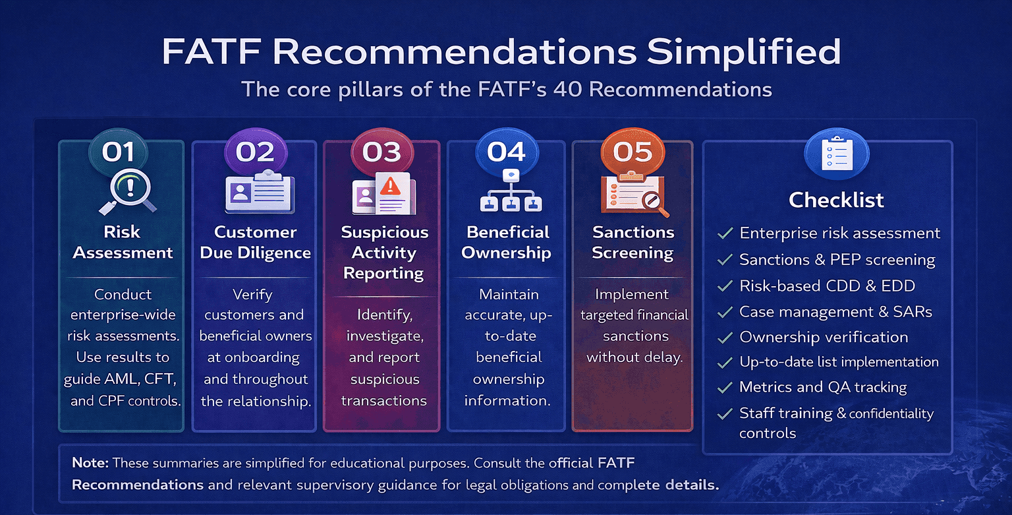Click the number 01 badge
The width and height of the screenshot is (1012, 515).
click(119, 152)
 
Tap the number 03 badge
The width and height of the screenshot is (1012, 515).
click(381, 152)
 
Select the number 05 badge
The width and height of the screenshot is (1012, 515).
click(632, 152)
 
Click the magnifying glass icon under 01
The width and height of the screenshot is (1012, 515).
click(129, 191)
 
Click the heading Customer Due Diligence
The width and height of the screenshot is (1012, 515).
click(256, 243)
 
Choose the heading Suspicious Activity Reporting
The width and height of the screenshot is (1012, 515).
click(384, 253)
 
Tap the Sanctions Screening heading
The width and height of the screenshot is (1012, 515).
click(632, 243)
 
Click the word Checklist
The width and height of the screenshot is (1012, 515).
click(836, 200)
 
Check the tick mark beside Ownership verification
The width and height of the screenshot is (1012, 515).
click(725, 338)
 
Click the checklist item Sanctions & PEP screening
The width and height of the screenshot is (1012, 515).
click(837, 260)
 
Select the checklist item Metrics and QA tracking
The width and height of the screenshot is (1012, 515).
click(823, 387)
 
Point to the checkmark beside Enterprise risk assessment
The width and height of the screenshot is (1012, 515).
click(725, 233)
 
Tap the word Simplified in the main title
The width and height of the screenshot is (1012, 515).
click(743, 52)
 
